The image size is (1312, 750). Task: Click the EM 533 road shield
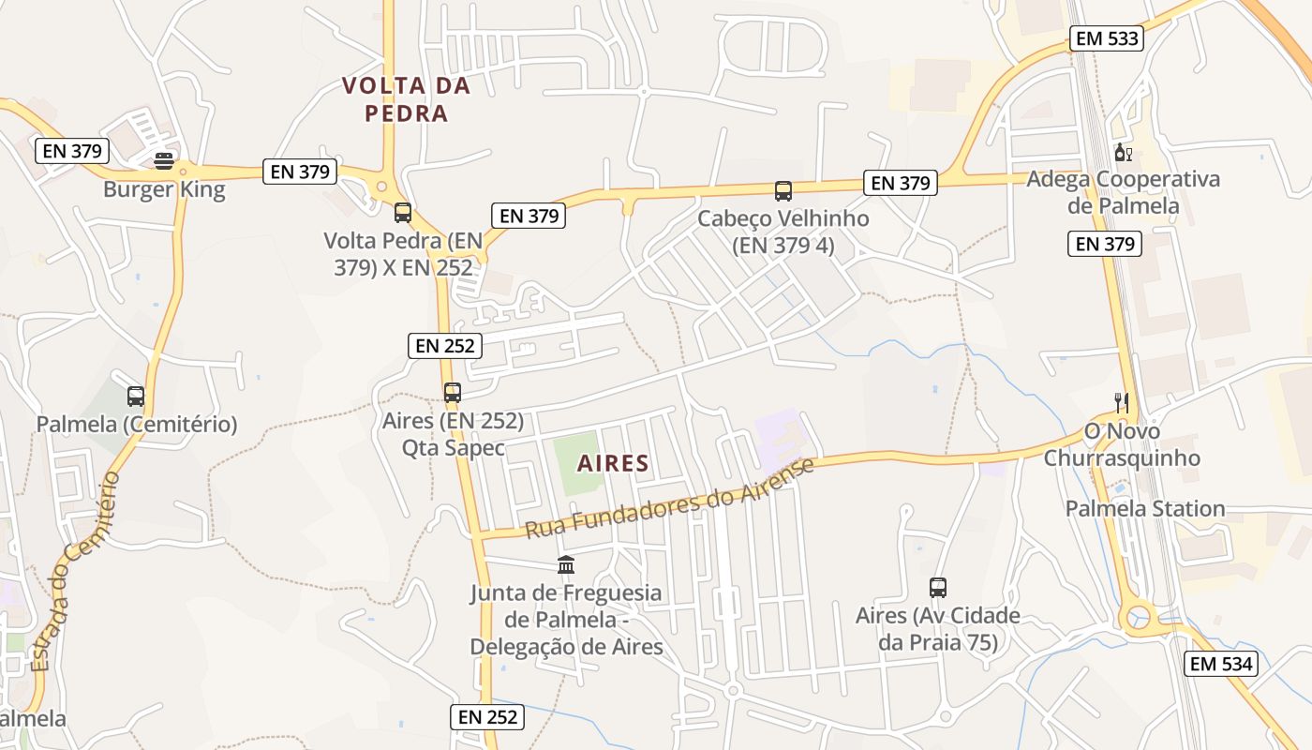1106,38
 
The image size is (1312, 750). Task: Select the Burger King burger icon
164,161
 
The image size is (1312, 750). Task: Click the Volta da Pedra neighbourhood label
406,99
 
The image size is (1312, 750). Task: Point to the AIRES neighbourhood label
613,463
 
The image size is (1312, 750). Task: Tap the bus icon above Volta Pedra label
403,213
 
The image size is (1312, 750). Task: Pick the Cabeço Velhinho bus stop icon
783,191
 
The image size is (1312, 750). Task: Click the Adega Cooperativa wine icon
1122,153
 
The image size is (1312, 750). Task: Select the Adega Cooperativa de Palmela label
1123,192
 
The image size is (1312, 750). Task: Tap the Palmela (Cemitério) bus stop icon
136,397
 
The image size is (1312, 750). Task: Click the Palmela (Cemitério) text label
137,425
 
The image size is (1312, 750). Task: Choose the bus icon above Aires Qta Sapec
453,393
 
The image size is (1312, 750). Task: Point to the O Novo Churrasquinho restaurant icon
1122,403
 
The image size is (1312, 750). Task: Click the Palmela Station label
1145,509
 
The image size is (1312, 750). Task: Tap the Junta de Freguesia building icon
566,564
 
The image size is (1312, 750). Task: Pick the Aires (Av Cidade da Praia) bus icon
938,588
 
